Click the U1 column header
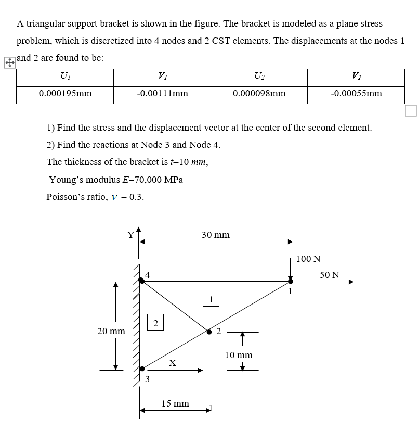[x=65, y=78]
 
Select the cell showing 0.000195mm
[x=65, y=94]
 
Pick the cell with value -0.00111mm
[x=162, y=94]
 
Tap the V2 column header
[x=356, y=78]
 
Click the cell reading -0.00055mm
[x=356, y=94]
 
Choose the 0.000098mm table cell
[x=259, y=94]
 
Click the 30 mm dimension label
[x=215, y=235]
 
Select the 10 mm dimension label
[x=239, y=355]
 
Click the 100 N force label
[x=308, y=259]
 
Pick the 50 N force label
[x=329, y=274]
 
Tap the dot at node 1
[x=291, y=281]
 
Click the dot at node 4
[x=141, y=281]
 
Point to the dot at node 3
[x=141, y=369]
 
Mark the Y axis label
[x=132, y=235]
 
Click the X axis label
[x=172, y=362]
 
